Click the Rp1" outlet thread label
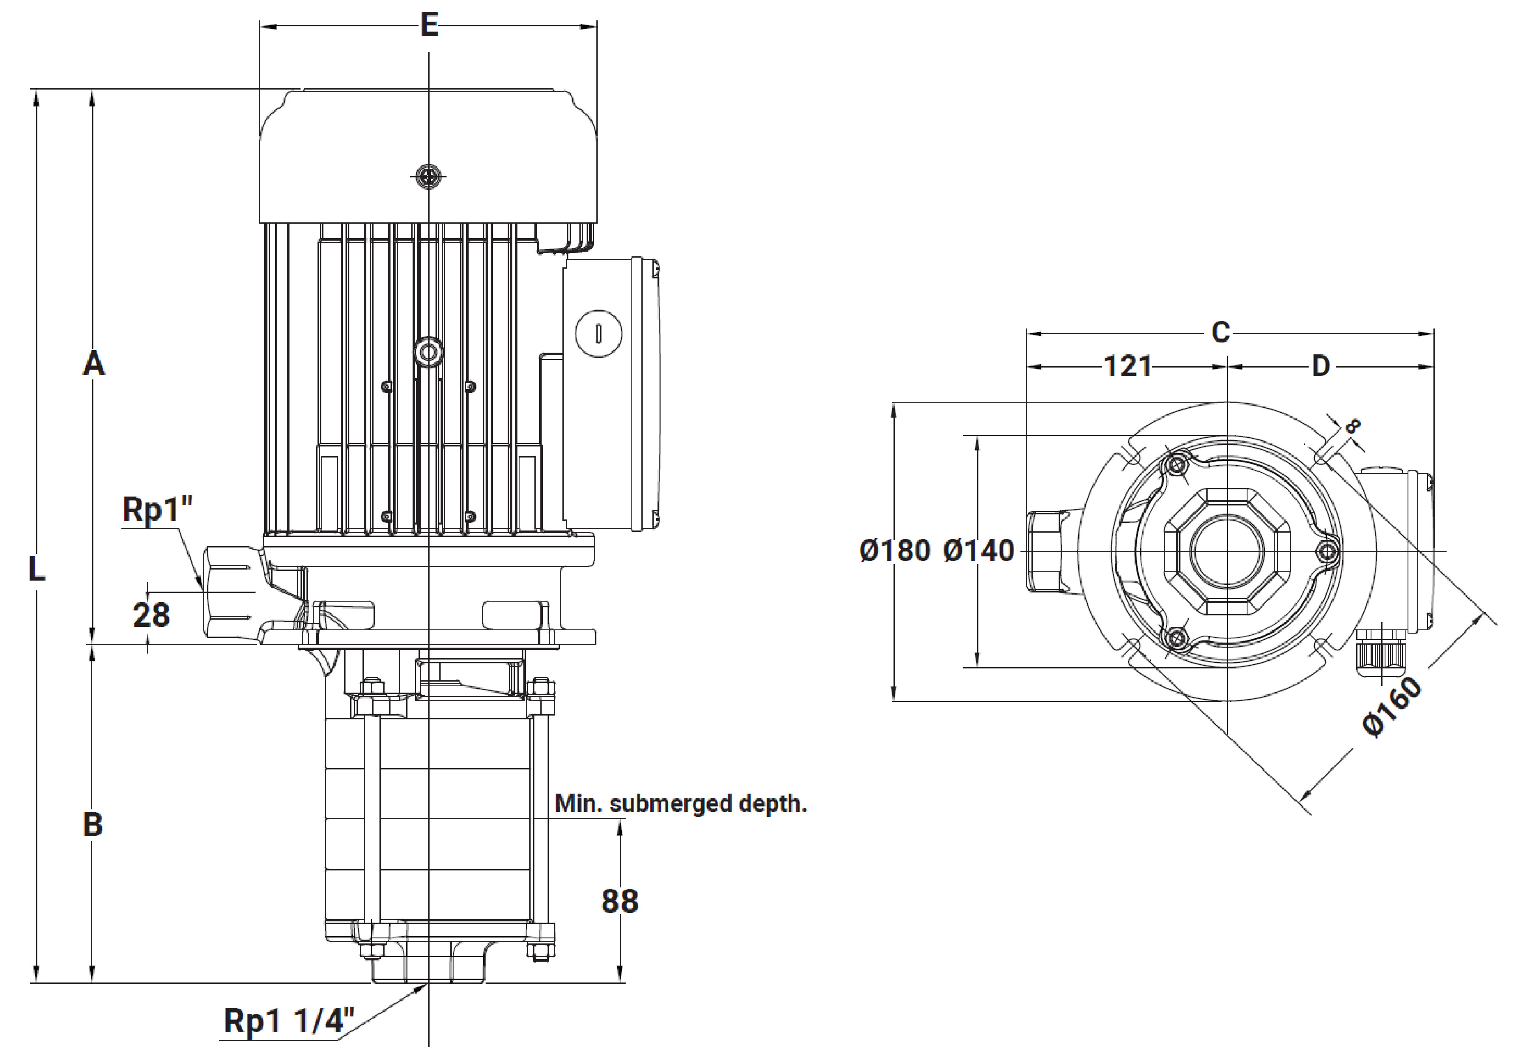point(157,509)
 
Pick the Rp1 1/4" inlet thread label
point(289,1021)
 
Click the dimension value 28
point(151,615)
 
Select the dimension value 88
point(620,901)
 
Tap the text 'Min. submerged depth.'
point(680,804)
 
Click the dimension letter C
point(1220,332)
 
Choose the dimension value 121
point(1128,366)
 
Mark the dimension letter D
point(1321,366)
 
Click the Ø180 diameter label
point(895,551)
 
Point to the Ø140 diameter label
point(978,551)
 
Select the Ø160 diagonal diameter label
point(1392,707)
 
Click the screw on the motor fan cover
point(429,177)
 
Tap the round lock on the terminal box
point(599,334)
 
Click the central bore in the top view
point(1227,550)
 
